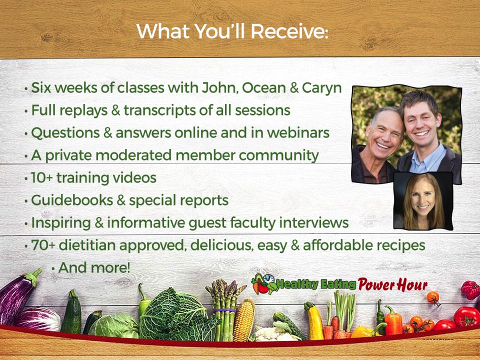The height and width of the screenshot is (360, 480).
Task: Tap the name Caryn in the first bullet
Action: coord(321,88)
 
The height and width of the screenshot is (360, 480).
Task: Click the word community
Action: coord(279,155)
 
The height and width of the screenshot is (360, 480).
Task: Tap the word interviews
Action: coord(314,222)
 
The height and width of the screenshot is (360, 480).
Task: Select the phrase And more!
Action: coord(94,267)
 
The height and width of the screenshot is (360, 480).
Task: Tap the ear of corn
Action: coord(244,319)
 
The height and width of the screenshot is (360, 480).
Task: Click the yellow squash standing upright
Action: coord(314,321)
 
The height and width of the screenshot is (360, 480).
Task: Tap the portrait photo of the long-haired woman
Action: coord(423,201)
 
